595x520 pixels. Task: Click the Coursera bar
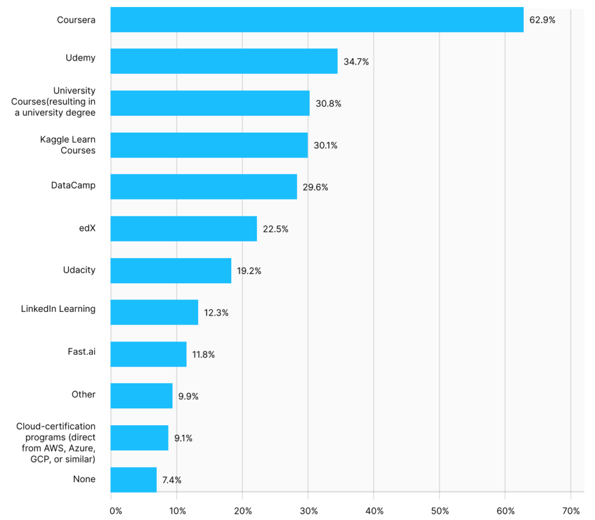[317, 20]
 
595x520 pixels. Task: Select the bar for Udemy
[224, 61]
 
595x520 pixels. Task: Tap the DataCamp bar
[203, 187]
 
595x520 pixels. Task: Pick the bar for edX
[184, 229]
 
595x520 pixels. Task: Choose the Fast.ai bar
[149, 354]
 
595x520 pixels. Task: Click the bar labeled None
[134, 480]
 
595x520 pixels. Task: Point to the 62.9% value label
[542, 20]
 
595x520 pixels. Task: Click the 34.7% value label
[356, 62]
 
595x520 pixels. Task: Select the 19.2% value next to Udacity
[249, 270]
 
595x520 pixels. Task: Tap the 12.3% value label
[216, 312]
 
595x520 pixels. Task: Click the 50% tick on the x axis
[440, 511]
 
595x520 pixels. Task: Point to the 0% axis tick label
[116, 511]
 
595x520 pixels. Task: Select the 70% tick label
[571, 511]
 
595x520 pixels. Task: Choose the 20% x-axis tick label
[243, 511]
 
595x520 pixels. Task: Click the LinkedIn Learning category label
[58, 309]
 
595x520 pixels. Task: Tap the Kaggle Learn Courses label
[67, 145]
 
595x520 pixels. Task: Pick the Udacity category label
[79, 270]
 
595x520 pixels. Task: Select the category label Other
[84, 394]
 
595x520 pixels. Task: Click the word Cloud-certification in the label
[56, 426]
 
